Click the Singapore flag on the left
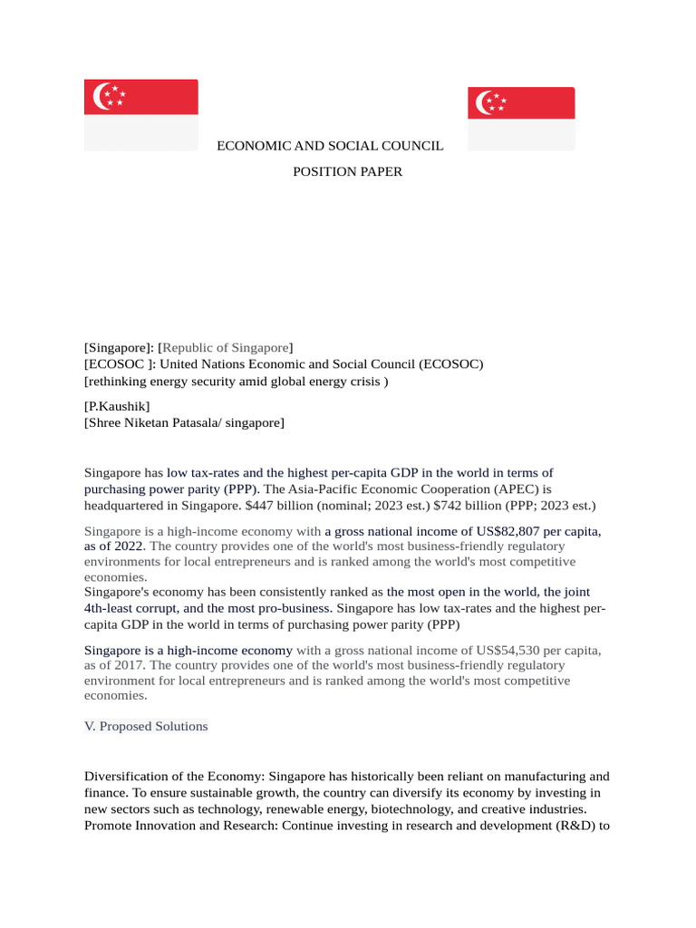click(140, 114)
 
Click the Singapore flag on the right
click(521, 119)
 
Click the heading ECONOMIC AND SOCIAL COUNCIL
click(330, 145)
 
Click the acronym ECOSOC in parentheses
click(449, 364)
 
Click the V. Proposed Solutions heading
click(146, 726)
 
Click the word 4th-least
click(114, 608)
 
